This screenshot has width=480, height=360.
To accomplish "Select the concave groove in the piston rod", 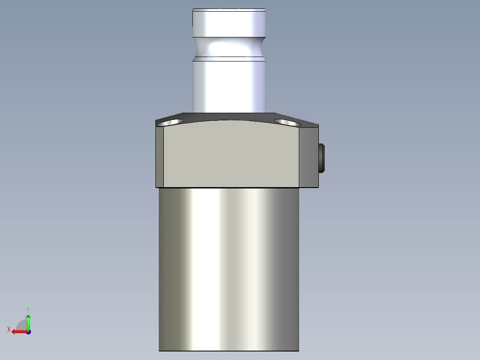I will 229,47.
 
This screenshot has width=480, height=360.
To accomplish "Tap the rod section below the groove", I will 229,85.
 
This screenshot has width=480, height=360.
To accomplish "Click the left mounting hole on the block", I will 172,122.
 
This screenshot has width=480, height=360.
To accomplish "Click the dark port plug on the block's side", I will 322,158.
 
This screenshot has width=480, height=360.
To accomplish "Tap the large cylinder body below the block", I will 229,267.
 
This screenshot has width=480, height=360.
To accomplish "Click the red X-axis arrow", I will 18,331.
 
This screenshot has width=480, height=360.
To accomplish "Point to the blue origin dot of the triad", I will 28,331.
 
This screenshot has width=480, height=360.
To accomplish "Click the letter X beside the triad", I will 9,330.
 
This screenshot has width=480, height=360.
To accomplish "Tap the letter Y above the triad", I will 28,309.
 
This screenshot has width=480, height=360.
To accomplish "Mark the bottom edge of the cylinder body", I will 229,350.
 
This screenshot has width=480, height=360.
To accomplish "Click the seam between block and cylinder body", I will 229,188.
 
